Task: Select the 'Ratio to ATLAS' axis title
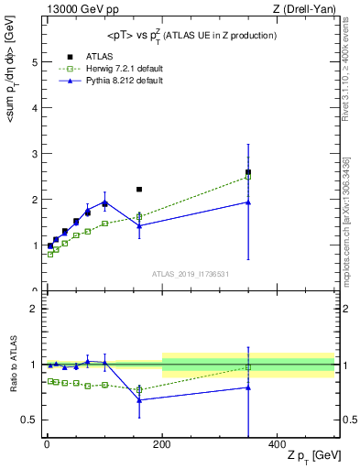[x=12, y=365]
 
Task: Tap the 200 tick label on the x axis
[x=162, y=444]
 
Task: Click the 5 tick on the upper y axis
[x=35, y=62]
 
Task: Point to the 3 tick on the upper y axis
[x=35, y=154]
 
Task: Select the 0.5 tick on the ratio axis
[x=30, y=420]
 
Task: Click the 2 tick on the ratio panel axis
[x=35, y=309]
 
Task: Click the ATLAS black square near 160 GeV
[x=139, y=190]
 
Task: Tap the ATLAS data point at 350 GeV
[x=248, y=172]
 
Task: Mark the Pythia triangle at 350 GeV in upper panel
[x=248, y=202]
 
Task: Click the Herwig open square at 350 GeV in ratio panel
[x=248, y=367]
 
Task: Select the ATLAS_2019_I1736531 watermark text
[x=191, y=274]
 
